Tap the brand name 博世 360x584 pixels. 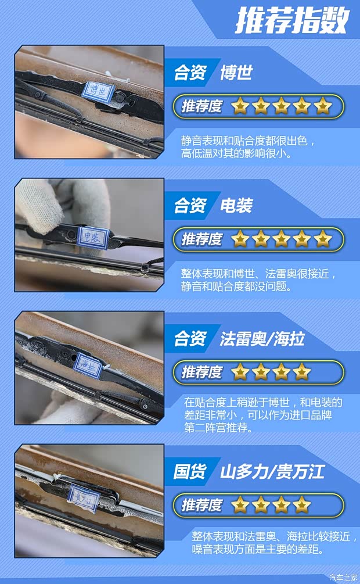236,74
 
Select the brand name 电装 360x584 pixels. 236,206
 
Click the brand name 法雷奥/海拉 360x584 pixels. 262,339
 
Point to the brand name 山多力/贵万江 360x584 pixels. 272,471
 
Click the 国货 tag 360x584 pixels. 189,471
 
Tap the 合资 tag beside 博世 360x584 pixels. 189,74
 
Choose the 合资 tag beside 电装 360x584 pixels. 189,206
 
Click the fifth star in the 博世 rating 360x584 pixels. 323,106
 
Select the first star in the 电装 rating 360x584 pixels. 240,239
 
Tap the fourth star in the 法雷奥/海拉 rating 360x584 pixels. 302,372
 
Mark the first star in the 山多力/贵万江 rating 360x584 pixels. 240,504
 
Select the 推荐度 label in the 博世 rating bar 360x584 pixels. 201,106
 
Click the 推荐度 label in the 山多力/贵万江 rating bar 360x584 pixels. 201,504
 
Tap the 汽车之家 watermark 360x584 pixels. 344,577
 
